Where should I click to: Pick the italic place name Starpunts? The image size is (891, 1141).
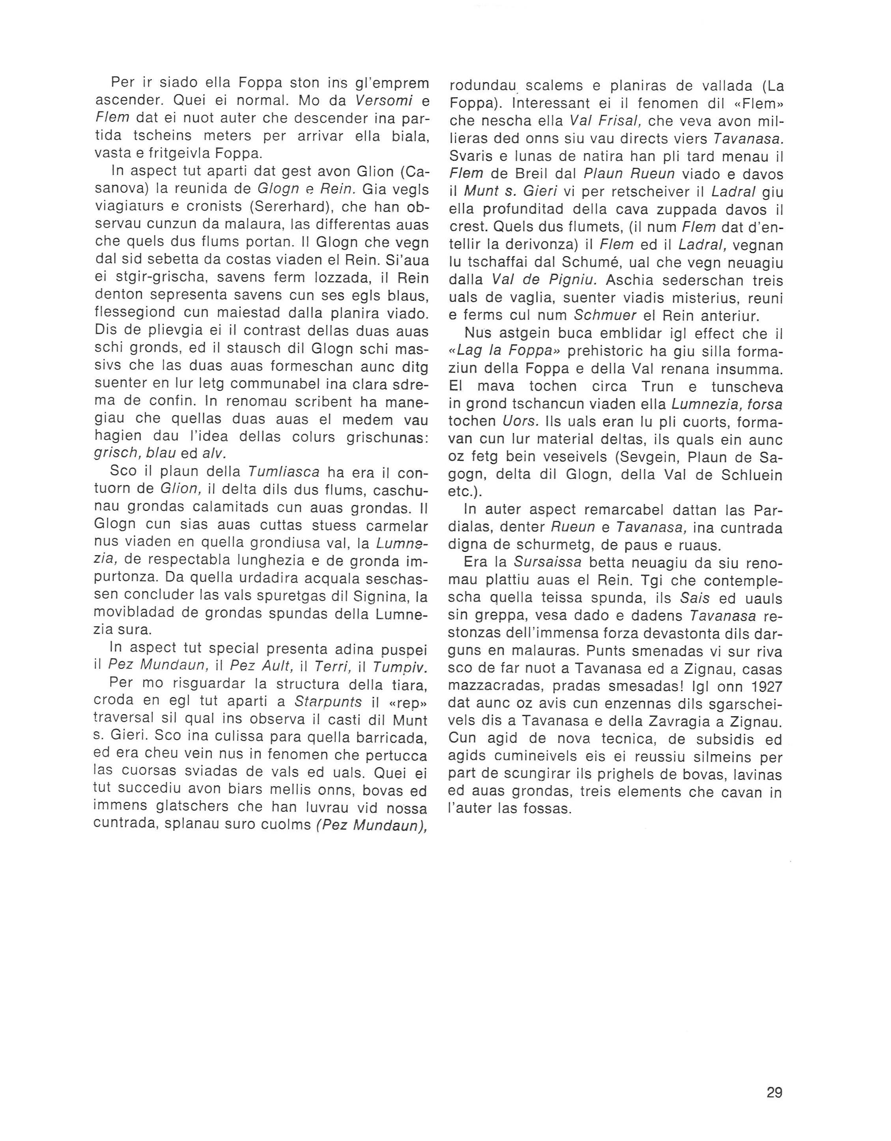click(328, 701)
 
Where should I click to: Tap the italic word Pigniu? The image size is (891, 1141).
click(569, 281)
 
